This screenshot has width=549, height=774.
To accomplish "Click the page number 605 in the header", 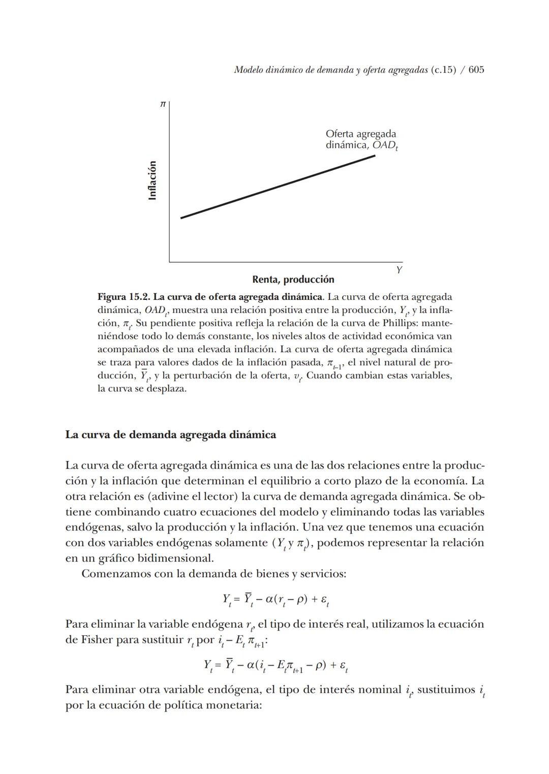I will tap(476, 70).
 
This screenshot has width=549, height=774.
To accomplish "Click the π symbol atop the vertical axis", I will tap(163, 104).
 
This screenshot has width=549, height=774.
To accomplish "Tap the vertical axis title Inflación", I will tap(152, 180).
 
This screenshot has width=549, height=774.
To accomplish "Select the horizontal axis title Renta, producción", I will tap(293, 280).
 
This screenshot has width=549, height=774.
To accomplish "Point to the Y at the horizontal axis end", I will tap(399, 270).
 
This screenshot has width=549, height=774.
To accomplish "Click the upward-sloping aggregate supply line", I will tap(278, 187).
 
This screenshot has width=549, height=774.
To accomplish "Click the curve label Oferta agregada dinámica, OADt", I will tap(361, 139).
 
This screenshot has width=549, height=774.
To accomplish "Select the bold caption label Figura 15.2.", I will tap(124, 297).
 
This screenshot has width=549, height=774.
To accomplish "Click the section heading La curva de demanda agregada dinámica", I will tap(171, 435).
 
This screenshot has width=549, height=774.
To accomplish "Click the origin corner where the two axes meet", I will tap(169, 262).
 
